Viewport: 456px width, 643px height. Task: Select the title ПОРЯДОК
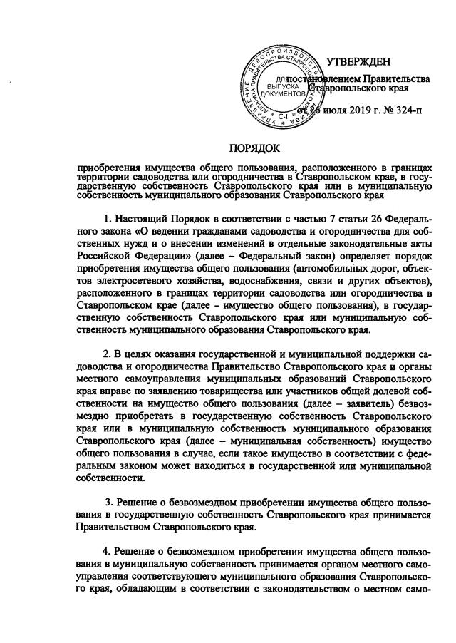click(x=255, y=148)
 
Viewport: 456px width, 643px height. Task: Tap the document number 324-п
click(x=405, y=111)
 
